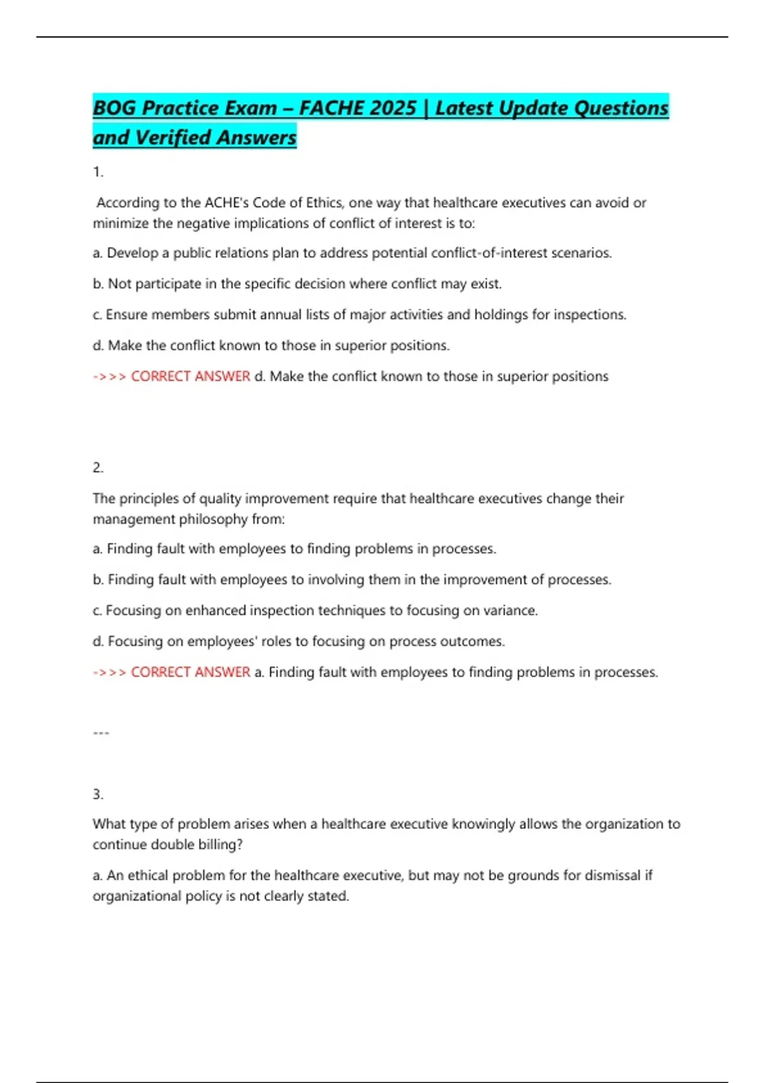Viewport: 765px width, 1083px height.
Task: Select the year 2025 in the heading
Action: tap(391, 108)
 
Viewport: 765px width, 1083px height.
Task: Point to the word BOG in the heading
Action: tap(114, 108)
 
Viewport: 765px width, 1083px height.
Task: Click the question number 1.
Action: tap(98, 172)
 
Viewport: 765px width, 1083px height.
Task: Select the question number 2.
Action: tap(98, 468)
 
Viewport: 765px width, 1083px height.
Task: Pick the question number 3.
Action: tap(98, 794)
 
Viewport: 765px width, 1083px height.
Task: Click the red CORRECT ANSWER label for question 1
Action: tap(190, 377)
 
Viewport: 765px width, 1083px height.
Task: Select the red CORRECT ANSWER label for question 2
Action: tap(190, 672)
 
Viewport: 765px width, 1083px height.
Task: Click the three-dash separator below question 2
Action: tap(101, 733)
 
